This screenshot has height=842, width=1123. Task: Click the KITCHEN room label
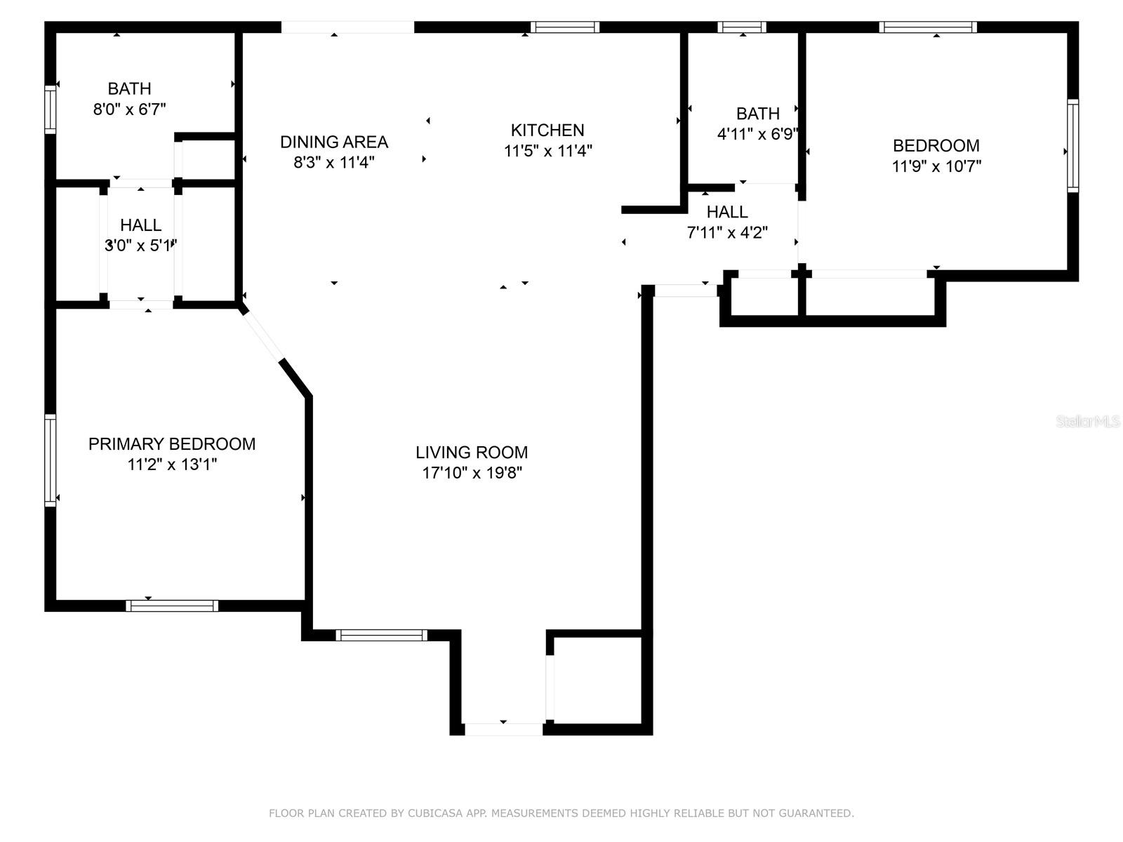point(547,131)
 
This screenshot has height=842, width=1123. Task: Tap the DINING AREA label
point(334,142)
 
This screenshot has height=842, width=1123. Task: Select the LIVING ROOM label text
point(471,453)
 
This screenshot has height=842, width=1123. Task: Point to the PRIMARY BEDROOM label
point(172,443)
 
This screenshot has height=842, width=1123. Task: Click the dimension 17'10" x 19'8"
point(472,473)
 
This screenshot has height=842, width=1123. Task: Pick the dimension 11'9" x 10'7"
point(936,167)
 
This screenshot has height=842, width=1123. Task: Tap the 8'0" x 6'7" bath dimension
point(129,109)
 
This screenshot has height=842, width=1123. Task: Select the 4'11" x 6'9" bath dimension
point(758,135)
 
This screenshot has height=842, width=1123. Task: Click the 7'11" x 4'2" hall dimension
point(727,233)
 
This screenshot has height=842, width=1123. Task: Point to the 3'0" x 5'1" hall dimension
point(140,246)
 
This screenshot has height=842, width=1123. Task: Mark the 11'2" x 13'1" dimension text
point(172,465)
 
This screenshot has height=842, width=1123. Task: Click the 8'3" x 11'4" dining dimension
point(334,163)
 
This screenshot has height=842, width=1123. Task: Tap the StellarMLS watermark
point(1088,421)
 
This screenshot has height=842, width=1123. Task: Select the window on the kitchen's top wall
point(564,27)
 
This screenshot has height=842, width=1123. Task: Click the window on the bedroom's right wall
point(1073,146)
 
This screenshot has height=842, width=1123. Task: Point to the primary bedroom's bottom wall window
point(172,606)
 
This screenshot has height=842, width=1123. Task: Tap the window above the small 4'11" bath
point(742,27)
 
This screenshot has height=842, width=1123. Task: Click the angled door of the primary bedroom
point(263,335)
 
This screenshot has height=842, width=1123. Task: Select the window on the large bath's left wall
point(50,109)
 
